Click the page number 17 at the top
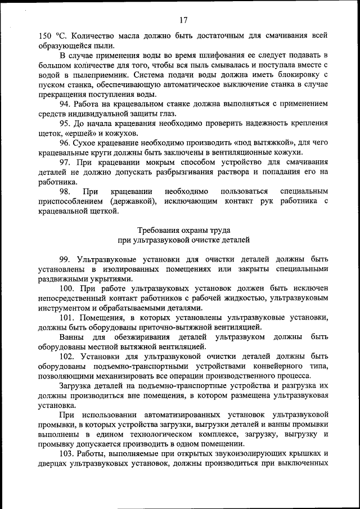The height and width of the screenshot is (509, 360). click(x=183, y=20)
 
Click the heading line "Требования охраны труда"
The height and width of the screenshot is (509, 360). click(x=183, y=230)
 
